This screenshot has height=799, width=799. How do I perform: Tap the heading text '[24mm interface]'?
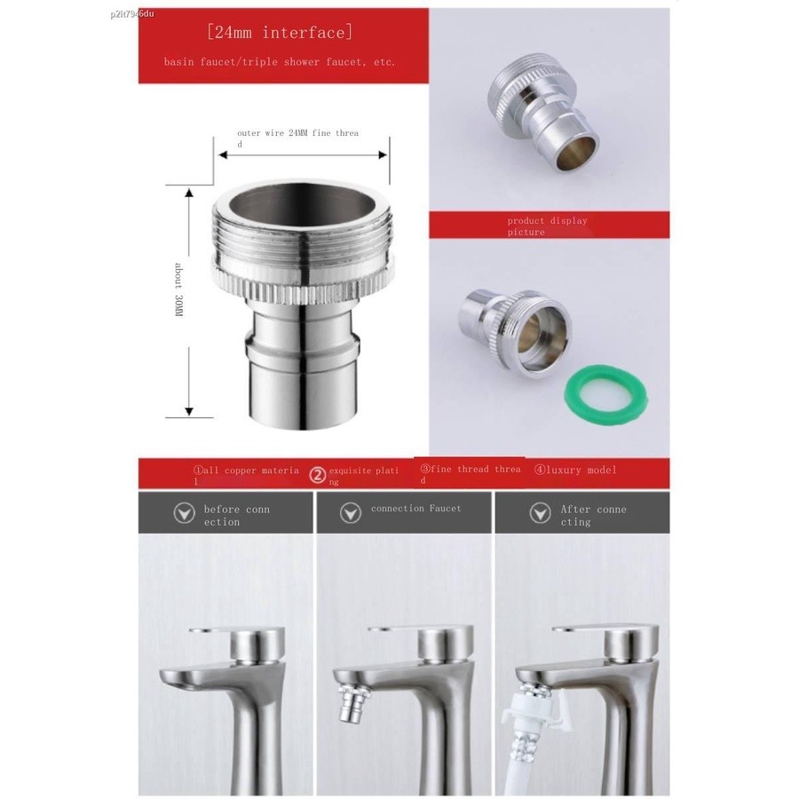pyautogui.click(x=280, y=33)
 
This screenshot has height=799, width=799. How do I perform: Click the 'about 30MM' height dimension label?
pyautogui.click(x=178, y=290)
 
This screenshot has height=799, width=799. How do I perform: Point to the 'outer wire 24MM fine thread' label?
pyautogui.click(x=298, y=138)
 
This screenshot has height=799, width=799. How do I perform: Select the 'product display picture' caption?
pyautogui.click(x=547, y=226)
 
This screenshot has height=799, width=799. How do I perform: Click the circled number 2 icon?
pyautogui.click(x=318, y=476)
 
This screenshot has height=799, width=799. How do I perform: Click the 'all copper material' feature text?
pyautogui.click(x=246, y=476)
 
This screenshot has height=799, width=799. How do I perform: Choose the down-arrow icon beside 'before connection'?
pyautogui.click(x=184, y=513)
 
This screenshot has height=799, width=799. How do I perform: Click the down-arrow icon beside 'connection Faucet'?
pyautogui.click(x=351, y=513)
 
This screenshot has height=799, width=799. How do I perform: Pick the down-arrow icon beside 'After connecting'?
pyautogui.click(x=540, y=513)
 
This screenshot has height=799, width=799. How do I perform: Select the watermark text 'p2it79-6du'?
pyautogui.click(x=131, y=13)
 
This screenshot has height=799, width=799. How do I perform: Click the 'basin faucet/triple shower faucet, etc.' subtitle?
pyautogui.click(x=280, y=62)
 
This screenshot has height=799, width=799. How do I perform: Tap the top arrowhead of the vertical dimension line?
pyautogui.click(x=189, y=193)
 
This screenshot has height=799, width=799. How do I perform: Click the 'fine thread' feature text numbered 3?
pyautogui.click(x=471, y=474)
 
